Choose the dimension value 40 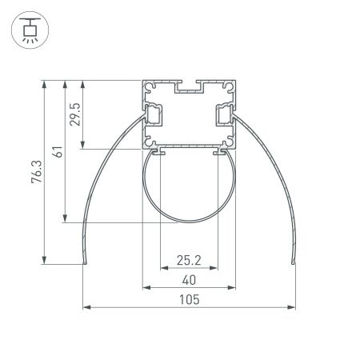(x=189, y=279)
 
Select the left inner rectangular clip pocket (x=153, y=115)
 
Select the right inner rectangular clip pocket (x=224, y=115)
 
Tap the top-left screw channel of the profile (x=148, y=86)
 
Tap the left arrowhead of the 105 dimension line (x=86, y=306)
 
